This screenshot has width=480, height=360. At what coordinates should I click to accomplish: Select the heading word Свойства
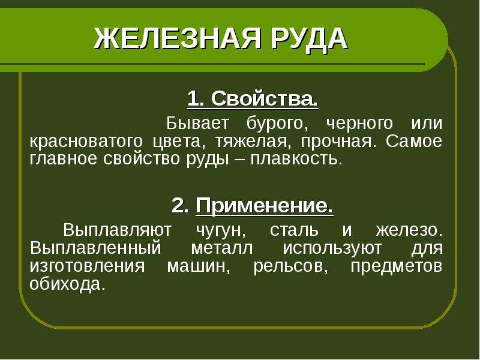(x=265, y=99)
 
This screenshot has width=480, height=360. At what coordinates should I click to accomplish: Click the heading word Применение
(x=265, y=206)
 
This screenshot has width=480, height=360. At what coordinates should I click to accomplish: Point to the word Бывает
(x=197, y=124)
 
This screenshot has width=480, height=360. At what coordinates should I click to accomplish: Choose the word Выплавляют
(x=117, y=230)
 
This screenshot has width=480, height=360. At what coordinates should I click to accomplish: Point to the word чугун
(x=220, y=232)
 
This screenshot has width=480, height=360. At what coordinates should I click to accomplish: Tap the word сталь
(x=294, y=230)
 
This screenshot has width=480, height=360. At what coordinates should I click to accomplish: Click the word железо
(x=409, y=230)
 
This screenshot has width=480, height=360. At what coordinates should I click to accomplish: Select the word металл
(x=222, y=248)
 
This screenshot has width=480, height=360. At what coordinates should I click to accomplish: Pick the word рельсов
(x=290, y=266)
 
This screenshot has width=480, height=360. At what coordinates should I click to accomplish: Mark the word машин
(x=199, y=266)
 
